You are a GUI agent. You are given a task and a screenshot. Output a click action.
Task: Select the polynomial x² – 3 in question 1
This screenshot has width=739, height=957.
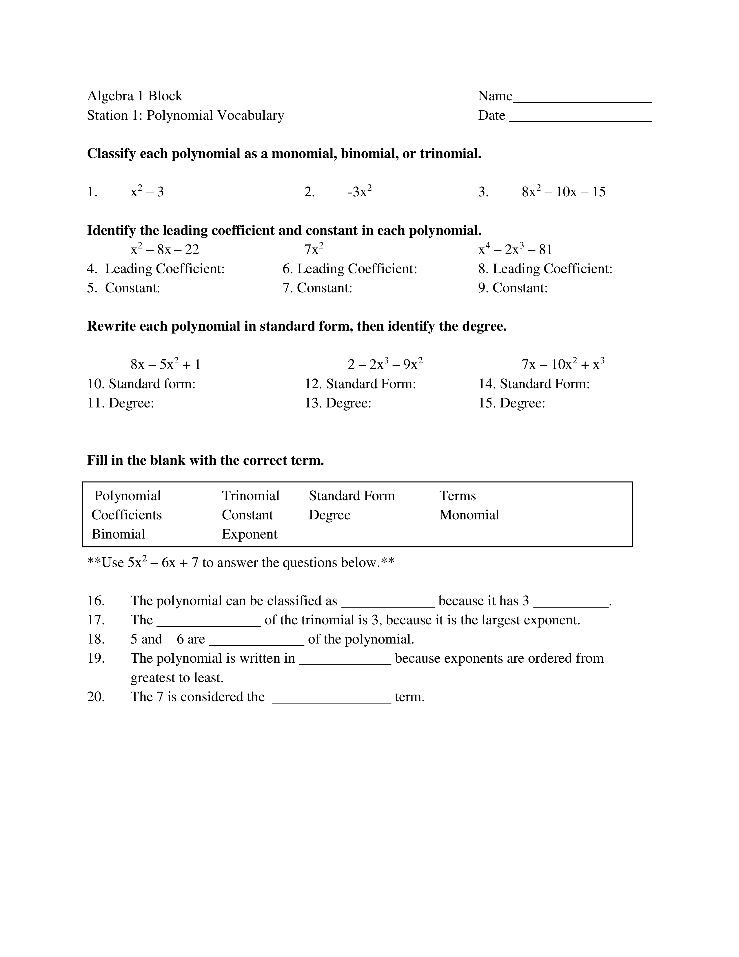click(147, 191)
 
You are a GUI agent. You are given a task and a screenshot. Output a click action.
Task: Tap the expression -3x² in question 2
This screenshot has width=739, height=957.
click(360, 191)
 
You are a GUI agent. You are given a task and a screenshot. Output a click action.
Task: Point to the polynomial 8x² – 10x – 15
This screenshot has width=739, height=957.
click(563, 191)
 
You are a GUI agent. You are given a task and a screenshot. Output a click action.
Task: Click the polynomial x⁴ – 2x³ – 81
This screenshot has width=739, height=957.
click(515, 249)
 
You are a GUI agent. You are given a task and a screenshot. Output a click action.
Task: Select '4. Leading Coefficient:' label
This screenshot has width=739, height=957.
click(156, 269)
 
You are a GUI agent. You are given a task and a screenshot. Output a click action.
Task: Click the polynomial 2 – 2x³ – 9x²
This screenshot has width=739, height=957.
click(385, 364)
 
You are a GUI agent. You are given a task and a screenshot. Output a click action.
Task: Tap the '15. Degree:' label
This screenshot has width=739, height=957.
click(512, 403)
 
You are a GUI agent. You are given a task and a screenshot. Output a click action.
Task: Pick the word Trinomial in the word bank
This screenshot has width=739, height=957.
click(250, 496)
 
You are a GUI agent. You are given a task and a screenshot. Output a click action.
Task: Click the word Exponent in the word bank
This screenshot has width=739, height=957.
click(250, 534)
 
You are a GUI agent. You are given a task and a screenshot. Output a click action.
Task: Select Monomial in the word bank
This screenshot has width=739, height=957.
click(469, 515)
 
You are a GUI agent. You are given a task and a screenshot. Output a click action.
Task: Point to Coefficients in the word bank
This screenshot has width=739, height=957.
click(127, 515)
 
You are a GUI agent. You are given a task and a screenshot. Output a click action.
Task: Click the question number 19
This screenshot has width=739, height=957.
click(96, 658)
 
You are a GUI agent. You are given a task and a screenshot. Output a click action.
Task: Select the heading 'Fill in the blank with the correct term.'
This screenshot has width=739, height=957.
click(205, 461)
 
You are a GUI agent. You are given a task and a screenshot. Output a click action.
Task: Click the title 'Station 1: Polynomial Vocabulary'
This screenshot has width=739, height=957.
click(186, 115)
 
